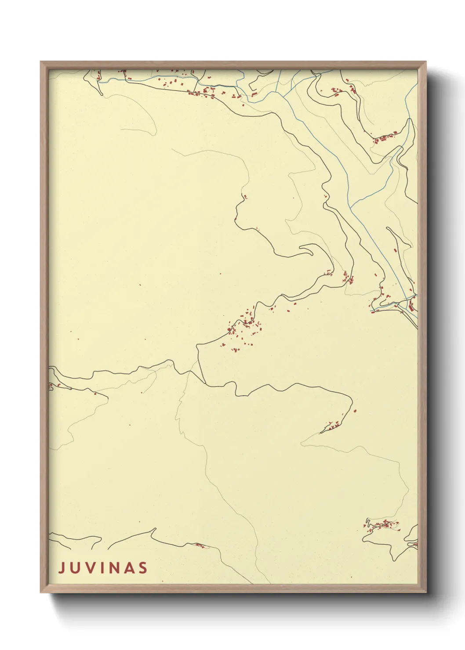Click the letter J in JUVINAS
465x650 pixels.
[62, 568]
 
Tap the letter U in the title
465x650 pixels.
[75, 568]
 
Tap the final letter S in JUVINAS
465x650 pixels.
[143, 568]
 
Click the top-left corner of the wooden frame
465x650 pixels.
[41, 62]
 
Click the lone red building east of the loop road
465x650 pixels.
[355, 411]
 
